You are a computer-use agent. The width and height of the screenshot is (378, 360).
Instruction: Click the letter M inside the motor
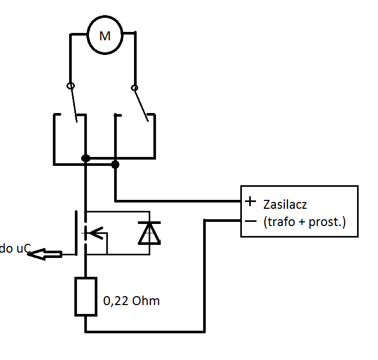pyautogui.click(x=105, y=36)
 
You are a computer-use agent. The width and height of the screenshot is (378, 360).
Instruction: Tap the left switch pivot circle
pyautogui.click(x=71, y=86)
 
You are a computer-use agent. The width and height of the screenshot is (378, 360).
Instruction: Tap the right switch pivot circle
pyautogui.click(x=135, y=88)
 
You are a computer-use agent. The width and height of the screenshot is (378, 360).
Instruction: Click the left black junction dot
pyautogui.click(x=86, y=159)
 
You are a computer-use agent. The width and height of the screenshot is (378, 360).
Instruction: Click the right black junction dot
pyautogui.click(x=115, y=165)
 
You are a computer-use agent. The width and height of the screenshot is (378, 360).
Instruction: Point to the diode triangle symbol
pyautogui.click(x=149, y=233)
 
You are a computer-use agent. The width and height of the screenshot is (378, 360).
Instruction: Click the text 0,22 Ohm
pyautogui.click(x=131, y=301)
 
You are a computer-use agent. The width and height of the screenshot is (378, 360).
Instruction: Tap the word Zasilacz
pyautogui.click(x=285, y=205)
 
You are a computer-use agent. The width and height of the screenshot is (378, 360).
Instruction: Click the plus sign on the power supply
pyautogui.click(x=250, y=201)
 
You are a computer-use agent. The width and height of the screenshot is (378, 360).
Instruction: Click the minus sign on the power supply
pyautogui.click(x=251, y=221)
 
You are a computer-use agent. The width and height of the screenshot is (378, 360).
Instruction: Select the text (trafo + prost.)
pyautogui.click(x=305, y=222)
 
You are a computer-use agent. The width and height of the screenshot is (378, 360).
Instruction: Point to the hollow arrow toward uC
pyautogui.click(x=45, y=254)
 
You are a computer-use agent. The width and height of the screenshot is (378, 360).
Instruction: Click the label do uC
pyautogui.click(x=15, y=249)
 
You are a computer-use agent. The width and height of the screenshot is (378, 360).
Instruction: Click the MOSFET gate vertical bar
pyautogui.click(x=76, y=233)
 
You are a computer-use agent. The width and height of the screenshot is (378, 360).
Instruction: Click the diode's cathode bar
pyautogui.click(x=149, y=223)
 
